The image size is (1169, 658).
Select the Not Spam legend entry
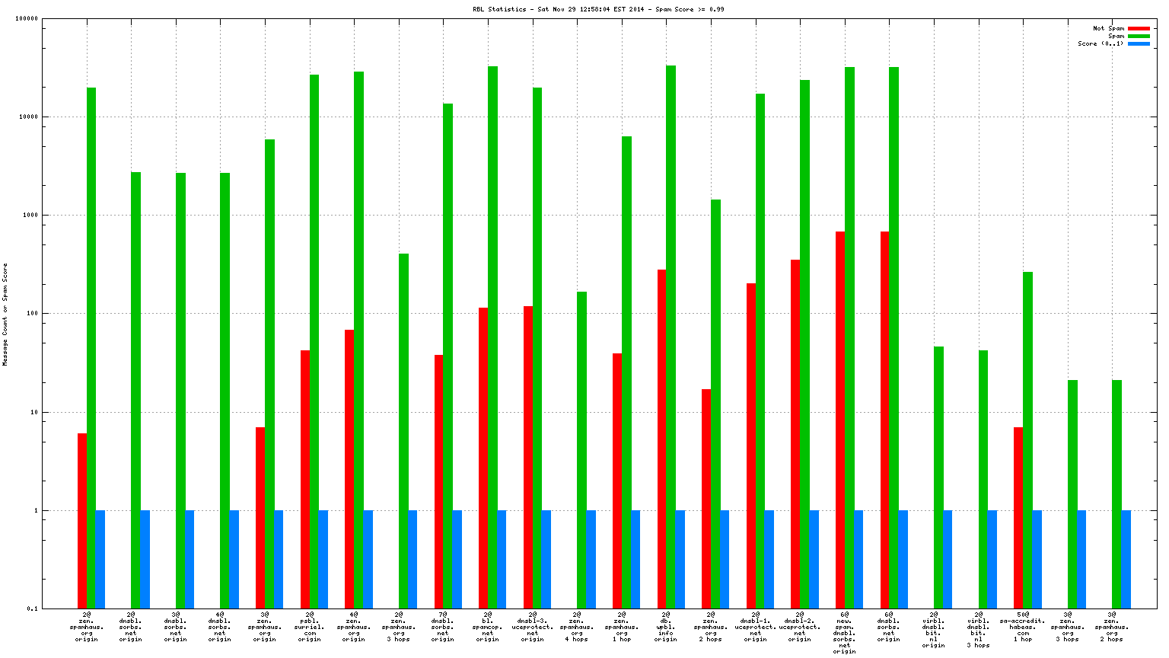point(1108,28)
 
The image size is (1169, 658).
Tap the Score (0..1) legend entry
point(1100,43)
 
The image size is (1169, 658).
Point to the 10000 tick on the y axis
point(29,117)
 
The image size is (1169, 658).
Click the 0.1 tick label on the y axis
point(33,608)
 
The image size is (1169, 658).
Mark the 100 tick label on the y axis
point(30,314)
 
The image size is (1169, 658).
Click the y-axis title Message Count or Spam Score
point(5,314)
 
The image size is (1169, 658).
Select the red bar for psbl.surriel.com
point(305,479)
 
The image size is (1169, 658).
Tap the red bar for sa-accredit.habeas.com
point(1018,518)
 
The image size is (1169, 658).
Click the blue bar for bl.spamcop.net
point(502,559)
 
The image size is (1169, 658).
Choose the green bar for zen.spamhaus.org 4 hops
point(581,450)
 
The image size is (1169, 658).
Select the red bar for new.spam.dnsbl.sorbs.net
point(840,420)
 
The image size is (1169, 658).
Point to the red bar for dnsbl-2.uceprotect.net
point(795,434)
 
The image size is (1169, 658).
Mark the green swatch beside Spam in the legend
point(1139,36)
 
